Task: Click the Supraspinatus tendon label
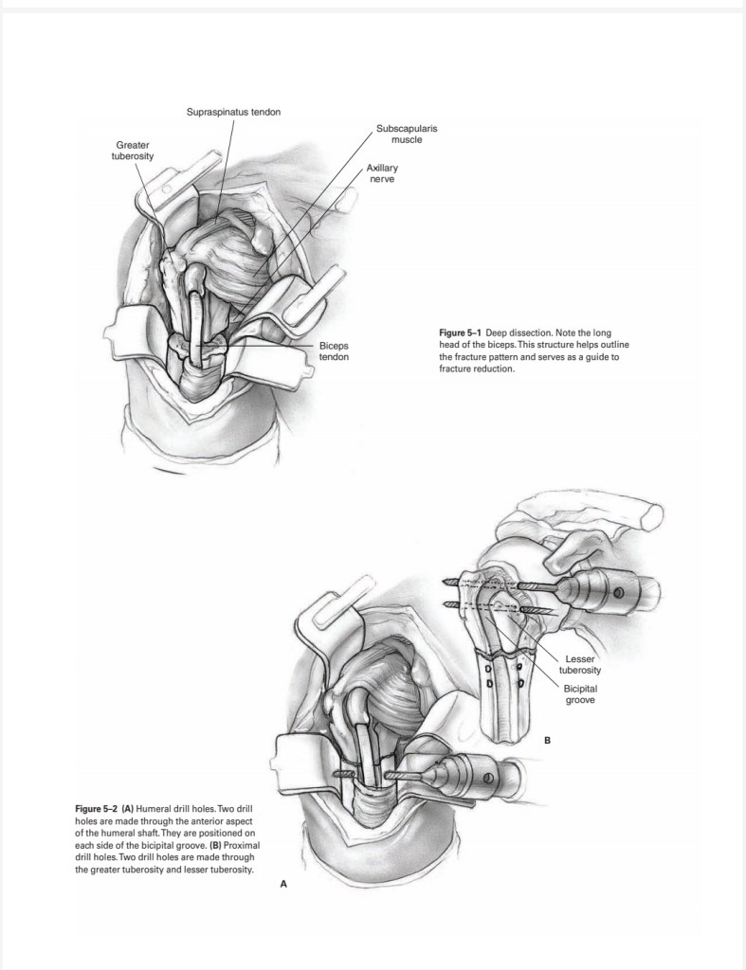pyautogui.click(x=232, y=114)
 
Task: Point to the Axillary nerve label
pyautogui.click(x=381, y=174)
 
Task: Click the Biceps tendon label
pyautogui.click(x=334, y=351)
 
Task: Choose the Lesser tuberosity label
pyautogui.click(x=580, y=664)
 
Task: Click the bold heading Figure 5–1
pyautogui.click(x=461, y=332)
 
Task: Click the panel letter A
pyautogui.click(x=282, y=884)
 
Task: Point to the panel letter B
pyautogui.click(x=547, y=738)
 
